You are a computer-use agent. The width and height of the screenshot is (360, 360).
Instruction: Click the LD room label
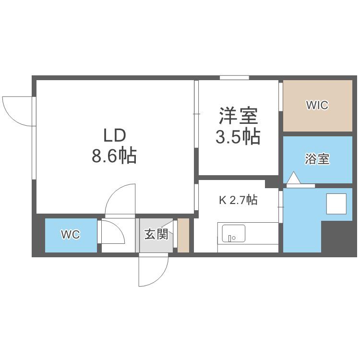(115, 135)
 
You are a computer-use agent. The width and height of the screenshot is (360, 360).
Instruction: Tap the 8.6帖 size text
(114, 156)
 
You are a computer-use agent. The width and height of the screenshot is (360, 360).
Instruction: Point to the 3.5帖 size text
(238, 137)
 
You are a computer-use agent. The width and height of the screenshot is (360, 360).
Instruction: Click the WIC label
(317, 105)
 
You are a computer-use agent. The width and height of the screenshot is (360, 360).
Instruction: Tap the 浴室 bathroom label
(317, 159)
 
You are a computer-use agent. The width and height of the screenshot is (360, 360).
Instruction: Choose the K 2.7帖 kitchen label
(238, 200)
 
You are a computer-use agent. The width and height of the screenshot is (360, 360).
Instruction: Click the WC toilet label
(71, 234)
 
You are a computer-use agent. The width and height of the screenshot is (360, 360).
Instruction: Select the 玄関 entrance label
(156, 234)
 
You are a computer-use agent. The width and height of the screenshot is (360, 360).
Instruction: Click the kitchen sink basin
(233, 233)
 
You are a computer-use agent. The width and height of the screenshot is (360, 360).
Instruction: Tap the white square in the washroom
(336, 204)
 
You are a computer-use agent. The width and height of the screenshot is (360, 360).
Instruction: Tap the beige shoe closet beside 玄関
(183, 235)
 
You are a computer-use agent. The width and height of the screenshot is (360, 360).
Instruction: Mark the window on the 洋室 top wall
(234, 78)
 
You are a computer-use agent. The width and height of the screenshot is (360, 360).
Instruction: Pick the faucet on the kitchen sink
(230, 238)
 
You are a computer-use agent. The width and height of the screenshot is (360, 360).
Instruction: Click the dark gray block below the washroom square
(339, 237)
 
